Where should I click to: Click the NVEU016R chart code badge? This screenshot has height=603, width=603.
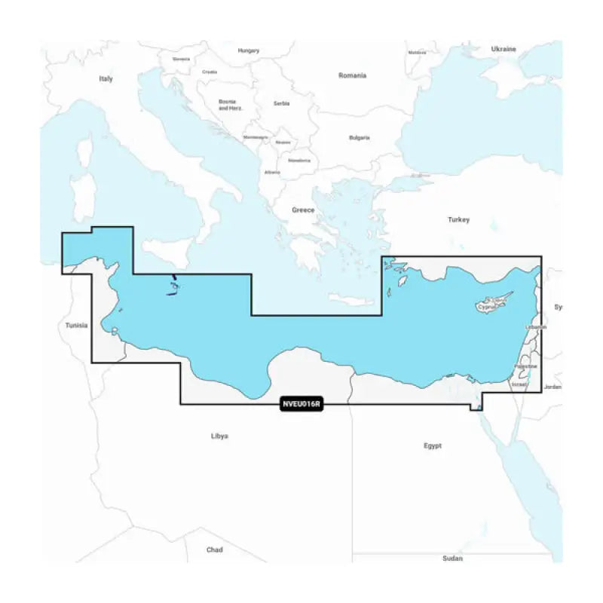tap(301, 404)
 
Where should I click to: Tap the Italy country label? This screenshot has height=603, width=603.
tap(106, 78)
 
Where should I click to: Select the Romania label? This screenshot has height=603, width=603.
tap(353, 75)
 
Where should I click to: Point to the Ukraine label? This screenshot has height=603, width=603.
tap(504, 49)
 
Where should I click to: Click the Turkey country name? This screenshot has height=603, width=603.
tap(458, 219)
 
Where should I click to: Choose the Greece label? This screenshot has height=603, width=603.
tap(303, 210)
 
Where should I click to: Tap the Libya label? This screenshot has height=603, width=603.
tap(219, 436)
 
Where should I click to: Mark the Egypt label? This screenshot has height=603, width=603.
tap(433, 445)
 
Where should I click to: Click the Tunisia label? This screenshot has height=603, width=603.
tap(76, 326)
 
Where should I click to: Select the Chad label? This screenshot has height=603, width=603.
tap(214, 549)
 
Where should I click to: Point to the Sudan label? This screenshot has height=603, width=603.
tap(453, 559)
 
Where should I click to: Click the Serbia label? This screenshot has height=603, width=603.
tap(281, 103)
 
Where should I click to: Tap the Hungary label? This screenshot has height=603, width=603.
tap(249, 51)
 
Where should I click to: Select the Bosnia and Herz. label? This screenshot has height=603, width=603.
tap(227, 105)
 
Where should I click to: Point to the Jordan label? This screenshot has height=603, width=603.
tap(552, 387)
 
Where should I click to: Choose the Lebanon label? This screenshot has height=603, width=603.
tap(536, 328)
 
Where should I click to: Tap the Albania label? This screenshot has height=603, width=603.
tap(272, 172)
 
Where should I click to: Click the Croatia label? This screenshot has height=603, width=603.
tap(210, 72)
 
